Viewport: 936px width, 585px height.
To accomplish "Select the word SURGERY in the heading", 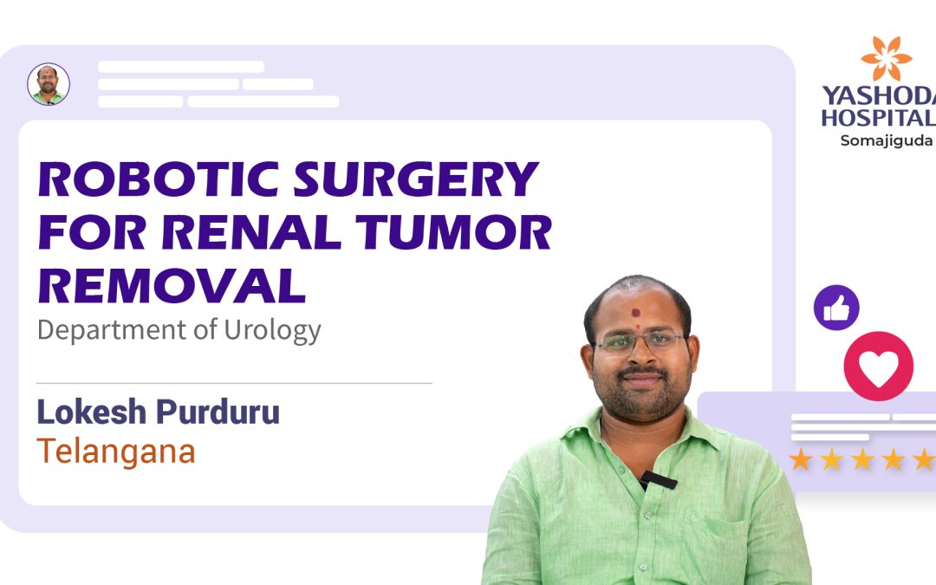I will coord(417,180).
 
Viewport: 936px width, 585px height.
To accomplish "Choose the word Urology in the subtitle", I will coord(276,330).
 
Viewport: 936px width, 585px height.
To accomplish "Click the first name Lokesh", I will coord(90,413).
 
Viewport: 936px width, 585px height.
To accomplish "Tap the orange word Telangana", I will coord(115,452).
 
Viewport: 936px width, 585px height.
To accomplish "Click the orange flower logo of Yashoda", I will coord(886,59).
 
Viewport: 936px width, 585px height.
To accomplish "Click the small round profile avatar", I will coord(49,85).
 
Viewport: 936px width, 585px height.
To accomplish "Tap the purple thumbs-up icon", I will coord(836,309).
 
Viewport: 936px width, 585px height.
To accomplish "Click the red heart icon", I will coord(878,366).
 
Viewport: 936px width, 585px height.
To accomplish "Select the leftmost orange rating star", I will coord(801,459).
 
